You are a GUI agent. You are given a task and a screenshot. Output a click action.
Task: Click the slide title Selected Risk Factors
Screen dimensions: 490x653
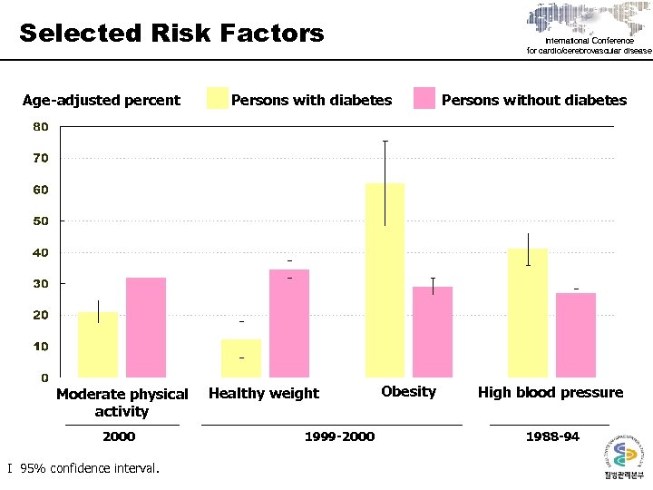coord(171,34)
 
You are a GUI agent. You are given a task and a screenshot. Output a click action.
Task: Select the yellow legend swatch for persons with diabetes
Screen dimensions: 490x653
coord(218,98)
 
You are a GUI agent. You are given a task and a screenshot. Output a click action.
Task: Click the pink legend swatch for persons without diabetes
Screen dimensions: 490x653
coord(424,98)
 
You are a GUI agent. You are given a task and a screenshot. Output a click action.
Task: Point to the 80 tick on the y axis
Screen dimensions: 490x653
coord(42,126)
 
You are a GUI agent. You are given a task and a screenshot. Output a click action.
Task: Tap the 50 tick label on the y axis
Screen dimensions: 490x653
coord(42,220)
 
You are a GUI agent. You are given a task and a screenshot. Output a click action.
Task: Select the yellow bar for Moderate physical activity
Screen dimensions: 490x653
coord(98,344)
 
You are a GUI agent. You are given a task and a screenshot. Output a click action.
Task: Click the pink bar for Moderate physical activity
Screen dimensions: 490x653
coord(146,328)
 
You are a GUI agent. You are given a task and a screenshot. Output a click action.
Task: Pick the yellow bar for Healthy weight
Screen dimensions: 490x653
coord(241,358)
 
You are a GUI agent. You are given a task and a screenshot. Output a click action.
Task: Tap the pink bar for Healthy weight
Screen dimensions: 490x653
coord(289,323)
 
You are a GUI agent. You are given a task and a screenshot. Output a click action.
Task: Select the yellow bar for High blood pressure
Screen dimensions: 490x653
coord(528,313)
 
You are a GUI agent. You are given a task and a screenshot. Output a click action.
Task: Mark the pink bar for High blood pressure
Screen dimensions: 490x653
coord(576,335)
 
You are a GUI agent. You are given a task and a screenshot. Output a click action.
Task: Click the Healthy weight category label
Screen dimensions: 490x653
coord(264,393)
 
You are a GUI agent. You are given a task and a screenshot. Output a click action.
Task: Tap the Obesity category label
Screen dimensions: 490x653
coord(408,391)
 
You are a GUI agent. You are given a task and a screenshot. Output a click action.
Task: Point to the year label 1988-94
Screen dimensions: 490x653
coord(552,436)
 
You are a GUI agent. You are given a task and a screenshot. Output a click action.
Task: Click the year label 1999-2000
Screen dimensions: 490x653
coord(339,436)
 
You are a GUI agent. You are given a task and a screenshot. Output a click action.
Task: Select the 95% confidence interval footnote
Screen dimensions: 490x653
coord(83,468)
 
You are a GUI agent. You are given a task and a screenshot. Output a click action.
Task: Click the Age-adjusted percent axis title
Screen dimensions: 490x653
coord(102,100)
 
